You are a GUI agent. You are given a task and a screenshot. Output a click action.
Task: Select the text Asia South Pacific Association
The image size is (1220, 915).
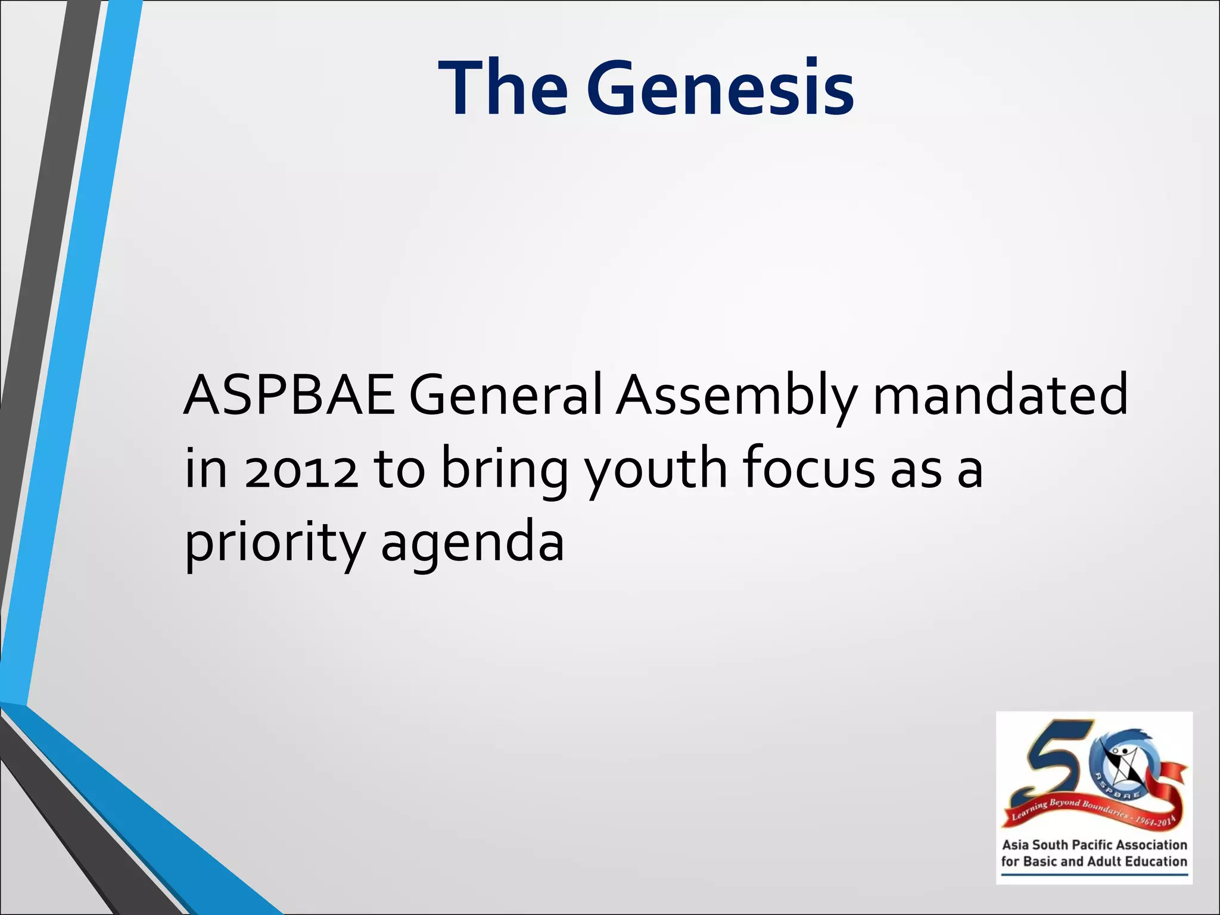tap(1094, 845)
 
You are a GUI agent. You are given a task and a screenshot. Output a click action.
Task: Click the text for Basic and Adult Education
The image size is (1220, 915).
tap(1094, 861)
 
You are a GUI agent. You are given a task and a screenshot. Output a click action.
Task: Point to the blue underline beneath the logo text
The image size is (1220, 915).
tap(1094, 875)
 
